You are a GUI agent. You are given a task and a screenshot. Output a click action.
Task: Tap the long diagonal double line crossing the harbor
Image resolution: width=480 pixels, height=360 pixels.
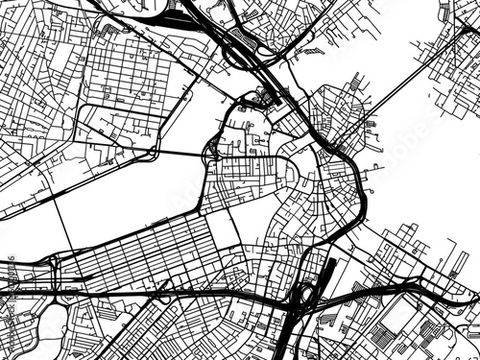tap(403, 86)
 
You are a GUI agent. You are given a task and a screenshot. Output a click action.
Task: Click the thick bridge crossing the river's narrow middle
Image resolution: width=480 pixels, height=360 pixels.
tap(182, 153)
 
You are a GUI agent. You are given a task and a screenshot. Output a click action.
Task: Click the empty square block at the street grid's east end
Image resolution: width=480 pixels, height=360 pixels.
tap(221, 227)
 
